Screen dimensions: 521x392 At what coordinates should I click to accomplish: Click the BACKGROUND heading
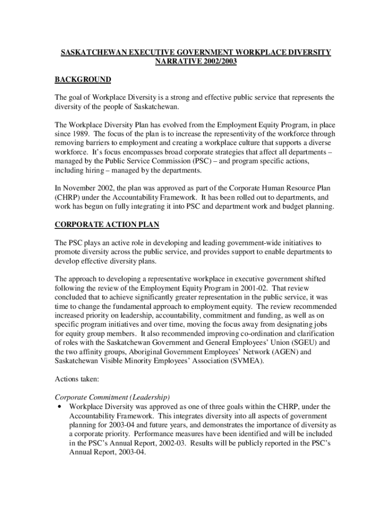click(83, 79)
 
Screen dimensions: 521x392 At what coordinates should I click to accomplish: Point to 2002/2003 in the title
click(219, 62)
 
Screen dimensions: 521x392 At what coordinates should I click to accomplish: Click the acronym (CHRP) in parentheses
click(70, 197)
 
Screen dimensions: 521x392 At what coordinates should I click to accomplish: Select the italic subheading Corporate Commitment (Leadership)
click(112, 397)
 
